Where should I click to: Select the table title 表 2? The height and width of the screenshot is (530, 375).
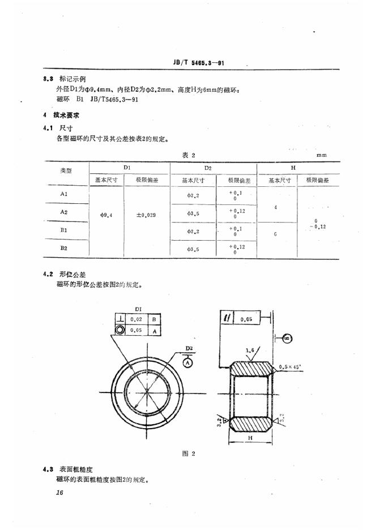click(x=189, y=155)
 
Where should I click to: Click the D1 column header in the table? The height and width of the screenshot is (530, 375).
click(x=127, y=168)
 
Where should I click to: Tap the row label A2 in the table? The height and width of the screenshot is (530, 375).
click(x=64, y=211)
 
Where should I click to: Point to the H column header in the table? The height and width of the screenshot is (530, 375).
click(x=293, y=168)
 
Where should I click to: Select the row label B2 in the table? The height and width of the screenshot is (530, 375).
click(x=64, y=248)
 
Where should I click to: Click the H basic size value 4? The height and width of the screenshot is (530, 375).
click(x=275, y=207)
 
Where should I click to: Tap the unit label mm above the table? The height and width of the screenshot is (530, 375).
click(x=322, y=155)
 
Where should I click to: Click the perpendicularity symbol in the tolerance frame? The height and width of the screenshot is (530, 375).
click(x=120, y=319)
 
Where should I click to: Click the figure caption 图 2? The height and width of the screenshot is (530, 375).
click(x=189, y=454)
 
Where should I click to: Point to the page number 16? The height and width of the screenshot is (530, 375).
click(x=59, y=493)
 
